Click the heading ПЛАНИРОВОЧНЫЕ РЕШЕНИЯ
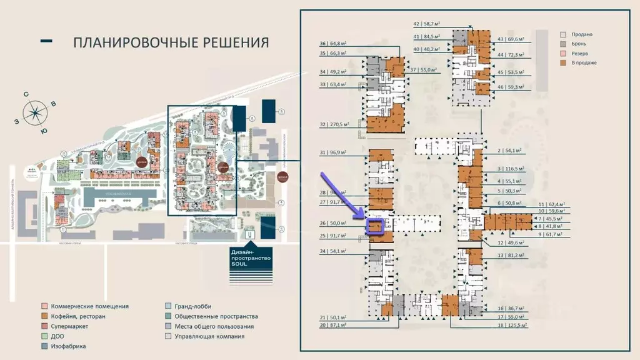(171, 42)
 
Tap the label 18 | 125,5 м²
(509, 326)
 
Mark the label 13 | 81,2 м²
(507, 255)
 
